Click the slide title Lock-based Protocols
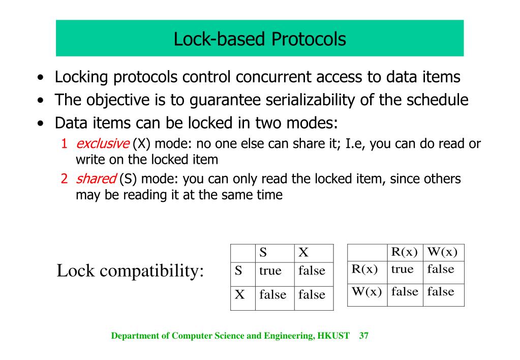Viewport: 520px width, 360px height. click(x=260, y=39)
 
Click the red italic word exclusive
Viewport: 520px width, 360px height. click(x=102, y=144)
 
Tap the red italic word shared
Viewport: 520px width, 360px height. click(x=96, y=179)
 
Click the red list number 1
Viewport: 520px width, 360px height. click(x=65, y=144)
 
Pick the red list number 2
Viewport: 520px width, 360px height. click(x=65, y=179)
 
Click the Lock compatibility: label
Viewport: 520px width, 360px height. click(x=130, y=271)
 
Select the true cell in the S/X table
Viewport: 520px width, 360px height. click(x=270, y=271)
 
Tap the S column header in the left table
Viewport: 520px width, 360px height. click(x=263, y=252)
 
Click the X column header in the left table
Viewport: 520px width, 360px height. click(x=303, y=252)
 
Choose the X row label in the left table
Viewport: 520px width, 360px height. click(x=239, y=294)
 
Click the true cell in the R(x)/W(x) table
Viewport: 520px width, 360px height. click(x=402, y=269)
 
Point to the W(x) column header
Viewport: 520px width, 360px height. click(x=442, y=252)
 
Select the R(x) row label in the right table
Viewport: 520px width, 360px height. click(x=364, y=269)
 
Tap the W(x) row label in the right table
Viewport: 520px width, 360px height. click(x=366, y=292)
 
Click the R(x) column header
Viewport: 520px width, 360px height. click(x=404, y=252)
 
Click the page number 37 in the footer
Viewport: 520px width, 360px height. click(x=363, y=336)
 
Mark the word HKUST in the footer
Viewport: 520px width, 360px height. click(x=333, y=336)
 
